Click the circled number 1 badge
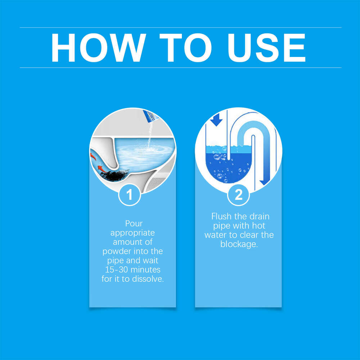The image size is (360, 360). tap(129, 195)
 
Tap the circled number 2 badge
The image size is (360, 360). tap(238, 195)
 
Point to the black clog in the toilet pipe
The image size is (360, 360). tap(114, 175)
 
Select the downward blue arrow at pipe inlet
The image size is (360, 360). tap(216, 120)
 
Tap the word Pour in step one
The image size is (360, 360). tap(134, 224)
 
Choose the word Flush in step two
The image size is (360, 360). tap(222, 217)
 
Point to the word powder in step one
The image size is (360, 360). tap(117, 251)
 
